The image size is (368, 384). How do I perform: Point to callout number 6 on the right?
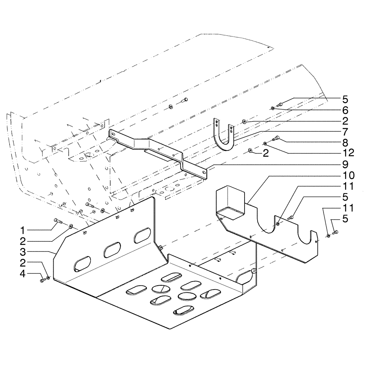coord(345,110)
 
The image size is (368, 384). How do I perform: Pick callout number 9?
coord(345,165)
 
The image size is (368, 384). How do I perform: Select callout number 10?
coord(345,175)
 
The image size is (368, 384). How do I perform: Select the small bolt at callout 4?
coord(42,281)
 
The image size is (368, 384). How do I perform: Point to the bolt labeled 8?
coord(276,139)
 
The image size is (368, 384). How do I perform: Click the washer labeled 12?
coord(265,144)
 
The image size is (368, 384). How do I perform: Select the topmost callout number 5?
coord(345,99)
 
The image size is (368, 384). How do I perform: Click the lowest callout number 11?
coord(345,209)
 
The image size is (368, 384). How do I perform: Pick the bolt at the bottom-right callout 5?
coord(334,232)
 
